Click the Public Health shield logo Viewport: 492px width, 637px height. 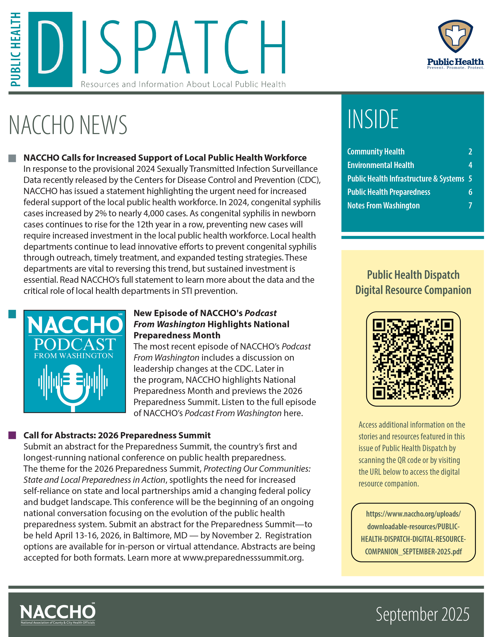coord(455,36)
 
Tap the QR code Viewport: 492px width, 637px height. coord(413,359)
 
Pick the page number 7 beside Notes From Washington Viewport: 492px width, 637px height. coord(470,206)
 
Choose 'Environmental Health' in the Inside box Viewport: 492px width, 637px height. coord(381,165)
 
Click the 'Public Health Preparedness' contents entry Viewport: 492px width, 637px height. coord(389,192)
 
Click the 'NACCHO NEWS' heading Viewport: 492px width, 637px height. coord(68,125)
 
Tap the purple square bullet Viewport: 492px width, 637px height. coord(12,435)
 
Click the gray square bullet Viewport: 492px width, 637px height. coord(12,158)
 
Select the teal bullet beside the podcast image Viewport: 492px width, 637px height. coord(12,314)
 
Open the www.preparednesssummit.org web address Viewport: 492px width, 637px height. coord(243,558)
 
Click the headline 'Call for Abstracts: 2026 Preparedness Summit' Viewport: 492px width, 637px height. coord(117,435)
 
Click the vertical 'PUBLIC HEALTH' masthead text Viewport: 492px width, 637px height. coord(16,50)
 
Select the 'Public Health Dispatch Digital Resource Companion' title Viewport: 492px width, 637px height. coord(413,282)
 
